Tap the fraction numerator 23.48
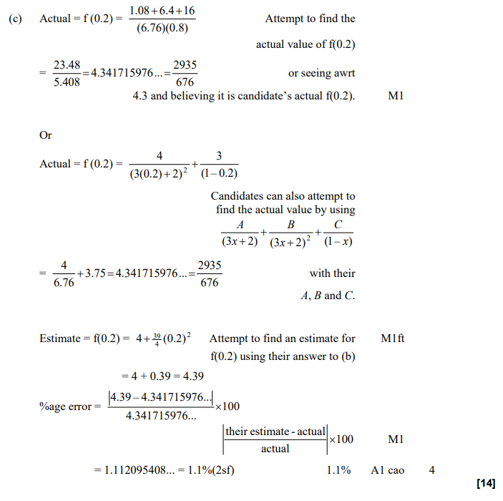click(67, 64)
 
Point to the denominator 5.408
click(67, 82)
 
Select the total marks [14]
click(485, 485)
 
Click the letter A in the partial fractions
click(240, 225)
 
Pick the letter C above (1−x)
click(338, 225)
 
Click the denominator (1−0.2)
click(219, 173)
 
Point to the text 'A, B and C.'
click(328, 295)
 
